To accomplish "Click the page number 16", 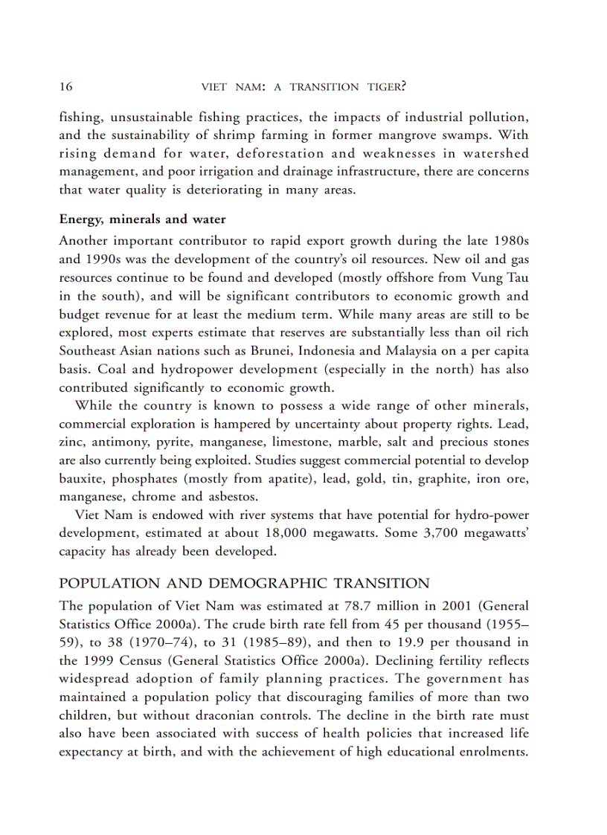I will (x=65, y=86).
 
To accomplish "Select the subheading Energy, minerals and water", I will (x=142, y=220).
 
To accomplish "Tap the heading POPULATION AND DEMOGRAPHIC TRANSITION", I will (x=244, y=584).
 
